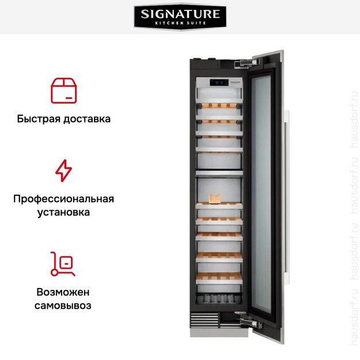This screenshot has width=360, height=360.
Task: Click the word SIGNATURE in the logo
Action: [180, 13]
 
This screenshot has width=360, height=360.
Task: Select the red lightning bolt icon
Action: [63, 171]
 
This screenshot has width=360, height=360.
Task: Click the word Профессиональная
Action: [63, 199]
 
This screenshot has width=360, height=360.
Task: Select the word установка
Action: [63, 213]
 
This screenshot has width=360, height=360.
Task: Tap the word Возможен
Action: [63, 292]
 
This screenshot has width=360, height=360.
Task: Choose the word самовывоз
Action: [63, 305]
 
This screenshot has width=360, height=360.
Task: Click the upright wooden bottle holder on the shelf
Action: [215, 199]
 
